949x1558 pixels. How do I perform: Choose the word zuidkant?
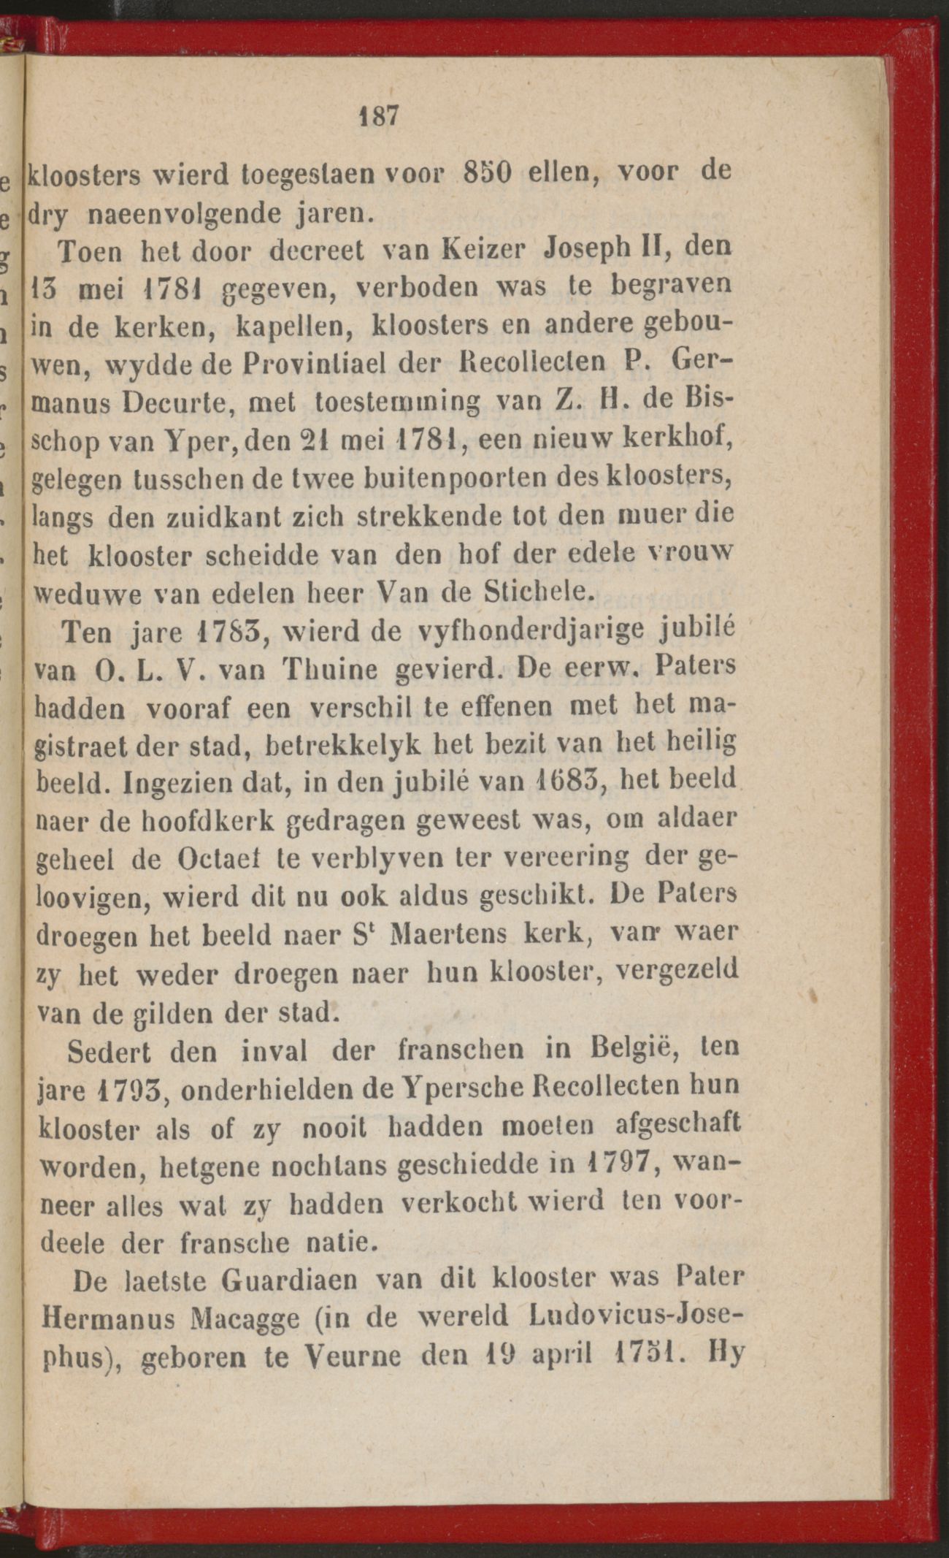coord(232,518)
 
